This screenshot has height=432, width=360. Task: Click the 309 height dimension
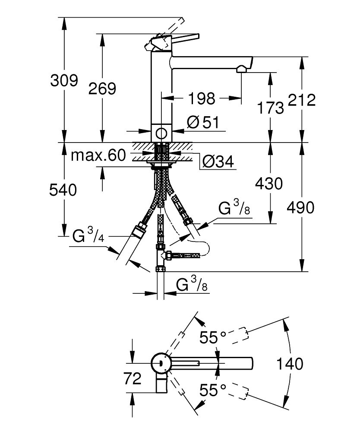(x=64, y=80)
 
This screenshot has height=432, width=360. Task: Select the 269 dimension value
(x=102, y=89)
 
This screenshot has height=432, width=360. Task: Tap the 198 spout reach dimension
(x=202, y=98)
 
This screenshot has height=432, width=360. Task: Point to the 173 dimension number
(x=270, y=108)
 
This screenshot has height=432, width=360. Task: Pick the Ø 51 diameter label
(x=203, y=123)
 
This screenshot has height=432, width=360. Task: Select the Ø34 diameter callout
(x=218, y=162)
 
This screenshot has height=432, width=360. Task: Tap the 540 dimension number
(x=64, y=190)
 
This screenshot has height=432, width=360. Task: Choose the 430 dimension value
(x=269, y=184)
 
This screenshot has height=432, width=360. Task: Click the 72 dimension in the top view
(x=132, y=379)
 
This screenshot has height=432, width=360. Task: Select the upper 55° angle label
(x=213, y=337)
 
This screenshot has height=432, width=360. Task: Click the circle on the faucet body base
(x=162, y=133)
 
